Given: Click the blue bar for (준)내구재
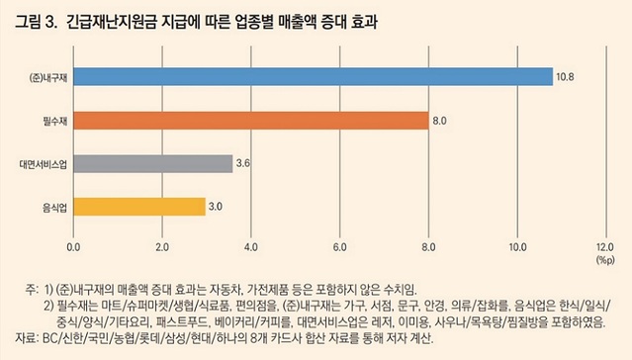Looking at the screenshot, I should (x=313, y=77).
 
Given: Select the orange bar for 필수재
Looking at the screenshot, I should (x=250, y=121).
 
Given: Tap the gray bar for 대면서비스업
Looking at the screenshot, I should (x=153, y=163).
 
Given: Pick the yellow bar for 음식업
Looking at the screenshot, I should (x=139, y=207).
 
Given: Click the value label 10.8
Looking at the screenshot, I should (x=565, y=77).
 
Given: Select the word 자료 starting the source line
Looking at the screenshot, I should (x=26, y=339).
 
